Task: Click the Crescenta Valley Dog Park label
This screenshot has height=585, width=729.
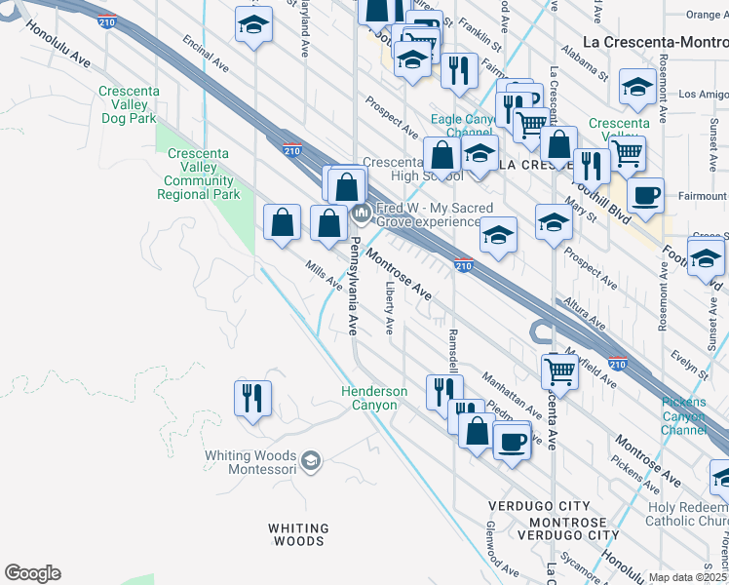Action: click(129, 104)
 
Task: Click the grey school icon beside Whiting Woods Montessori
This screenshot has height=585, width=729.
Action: click(311, 460)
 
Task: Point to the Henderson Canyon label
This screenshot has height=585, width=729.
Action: click(374, 398)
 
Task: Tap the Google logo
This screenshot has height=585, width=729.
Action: click(32, 573)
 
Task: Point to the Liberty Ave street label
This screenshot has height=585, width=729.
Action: click(389, 307)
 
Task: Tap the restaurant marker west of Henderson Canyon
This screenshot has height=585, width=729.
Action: click(252, 398)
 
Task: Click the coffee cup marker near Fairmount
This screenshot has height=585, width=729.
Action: click(645, 195)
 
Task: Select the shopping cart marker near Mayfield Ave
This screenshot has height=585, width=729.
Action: click(559, 370)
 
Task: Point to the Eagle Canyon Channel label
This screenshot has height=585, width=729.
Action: click(470, 126)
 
